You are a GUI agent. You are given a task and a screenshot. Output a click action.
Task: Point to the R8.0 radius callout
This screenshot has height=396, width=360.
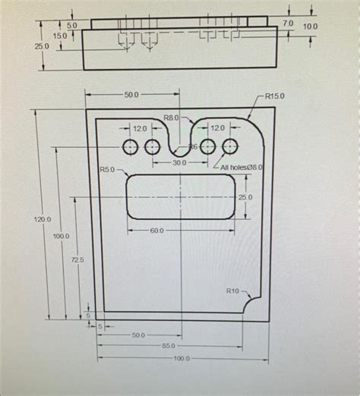click(x=171, y=118)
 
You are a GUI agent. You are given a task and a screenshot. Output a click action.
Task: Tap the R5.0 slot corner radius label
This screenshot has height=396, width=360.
click(x=106, y=169)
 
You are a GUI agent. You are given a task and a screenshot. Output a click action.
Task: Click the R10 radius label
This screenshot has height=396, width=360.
click(x=232, y=291)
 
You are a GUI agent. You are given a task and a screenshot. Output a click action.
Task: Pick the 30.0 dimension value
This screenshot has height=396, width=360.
click(x=179, y=162)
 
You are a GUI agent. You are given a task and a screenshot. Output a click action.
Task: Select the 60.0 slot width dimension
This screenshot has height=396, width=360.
click(x=156, y=230)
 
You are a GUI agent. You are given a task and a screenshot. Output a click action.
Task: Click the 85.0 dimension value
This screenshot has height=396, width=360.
click(x=180, y=346)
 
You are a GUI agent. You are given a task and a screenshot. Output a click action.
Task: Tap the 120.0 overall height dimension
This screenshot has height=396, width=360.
click(x=43, y=219)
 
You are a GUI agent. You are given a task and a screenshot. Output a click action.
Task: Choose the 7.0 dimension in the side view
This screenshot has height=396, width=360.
click(x=287, y=24)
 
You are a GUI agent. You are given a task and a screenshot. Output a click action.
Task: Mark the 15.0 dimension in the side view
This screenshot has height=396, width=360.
click(x=58, y=36)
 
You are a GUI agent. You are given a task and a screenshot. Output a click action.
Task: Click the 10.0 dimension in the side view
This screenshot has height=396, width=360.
click(x=311, y=27)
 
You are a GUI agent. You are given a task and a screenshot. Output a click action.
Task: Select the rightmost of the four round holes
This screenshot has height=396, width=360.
click(x=230, y=146)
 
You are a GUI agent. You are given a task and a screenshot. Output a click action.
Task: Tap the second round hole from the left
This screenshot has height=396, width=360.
click(x=152, y=146)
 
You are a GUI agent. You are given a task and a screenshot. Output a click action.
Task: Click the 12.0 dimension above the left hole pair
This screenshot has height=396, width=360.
click(x=140, y=129)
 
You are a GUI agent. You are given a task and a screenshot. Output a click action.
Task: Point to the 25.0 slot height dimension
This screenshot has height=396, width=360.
click(x=245, y=197)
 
